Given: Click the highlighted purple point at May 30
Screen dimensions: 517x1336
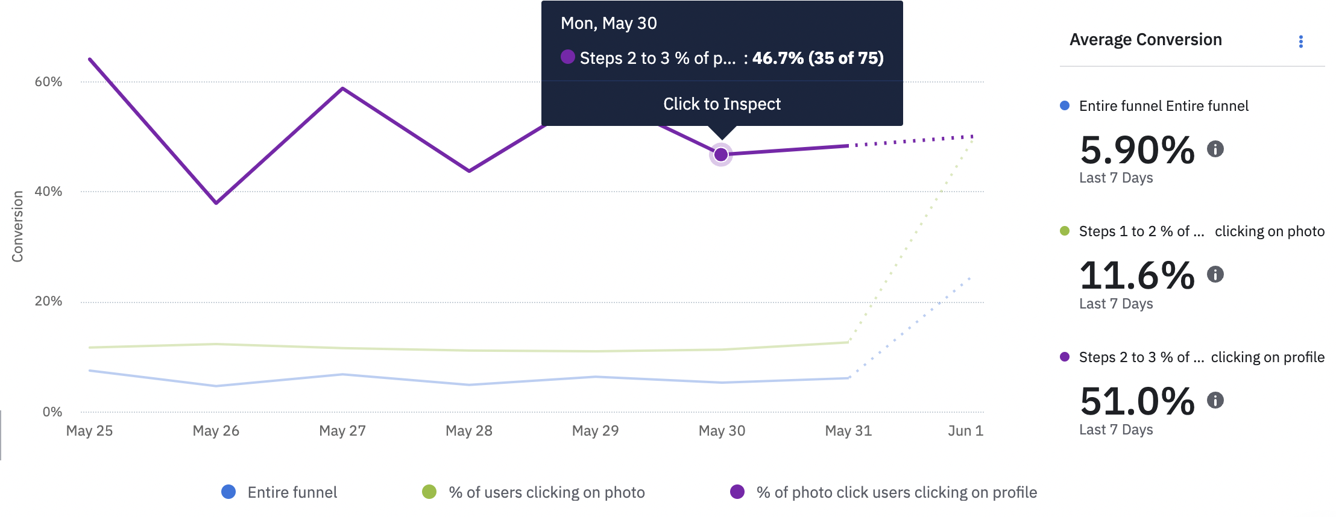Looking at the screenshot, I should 721,155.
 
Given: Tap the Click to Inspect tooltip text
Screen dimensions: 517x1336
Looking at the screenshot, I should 722,104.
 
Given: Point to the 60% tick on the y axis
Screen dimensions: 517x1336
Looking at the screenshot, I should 48,82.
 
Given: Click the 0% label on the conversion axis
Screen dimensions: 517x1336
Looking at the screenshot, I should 52,412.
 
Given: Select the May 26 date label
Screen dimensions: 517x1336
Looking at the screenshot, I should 216,431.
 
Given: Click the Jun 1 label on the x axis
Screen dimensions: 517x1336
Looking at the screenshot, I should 965,431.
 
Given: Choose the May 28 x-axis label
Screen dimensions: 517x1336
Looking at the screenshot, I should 469,431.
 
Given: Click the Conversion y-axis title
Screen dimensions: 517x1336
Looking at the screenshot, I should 17,227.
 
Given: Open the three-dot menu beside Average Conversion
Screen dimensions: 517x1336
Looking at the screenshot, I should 1300,42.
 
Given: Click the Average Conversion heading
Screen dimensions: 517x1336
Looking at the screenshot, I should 1145,40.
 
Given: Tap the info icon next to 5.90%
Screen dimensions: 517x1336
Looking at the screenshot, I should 1215,149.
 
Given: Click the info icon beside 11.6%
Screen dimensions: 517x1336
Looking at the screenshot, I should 1215,275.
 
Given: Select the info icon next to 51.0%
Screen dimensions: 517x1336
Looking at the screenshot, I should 1215,400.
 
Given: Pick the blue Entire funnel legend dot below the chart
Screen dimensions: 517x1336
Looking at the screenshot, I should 228,492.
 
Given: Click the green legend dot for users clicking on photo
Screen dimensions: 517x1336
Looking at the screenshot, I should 429,492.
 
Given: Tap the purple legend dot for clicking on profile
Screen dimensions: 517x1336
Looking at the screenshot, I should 737,492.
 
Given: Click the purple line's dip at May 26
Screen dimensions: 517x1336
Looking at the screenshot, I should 216,203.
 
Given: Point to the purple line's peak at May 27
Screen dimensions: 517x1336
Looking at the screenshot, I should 342,89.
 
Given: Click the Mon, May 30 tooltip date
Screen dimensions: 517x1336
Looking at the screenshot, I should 608,23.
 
